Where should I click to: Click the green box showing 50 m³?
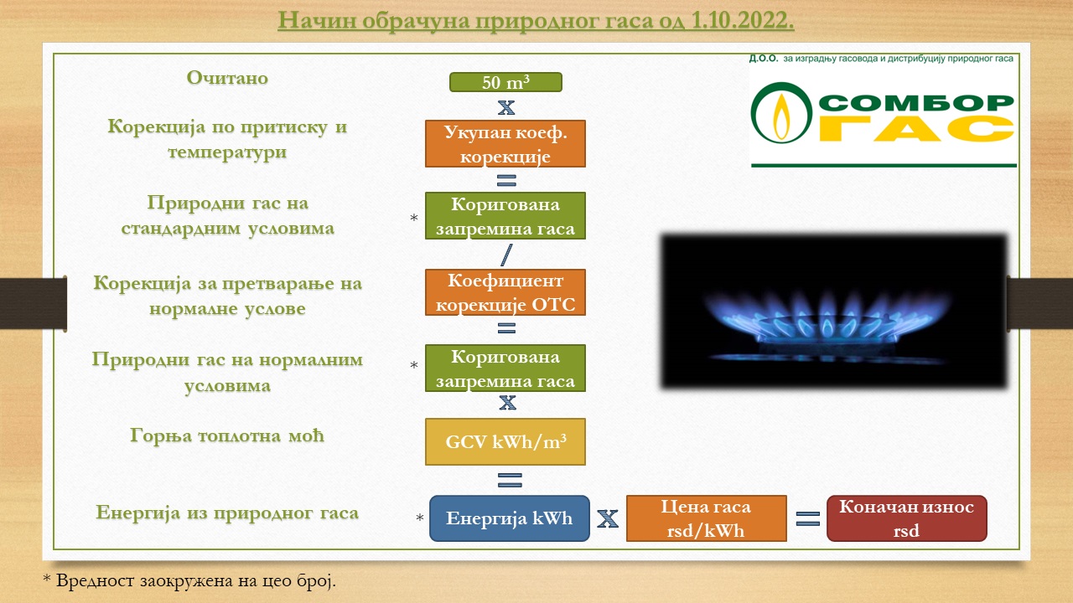tap(505, 82)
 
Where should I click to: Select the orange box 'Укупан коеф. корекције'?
tap(505, 143)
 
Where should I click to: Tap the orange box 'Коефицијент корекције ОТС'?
tap(505, 292)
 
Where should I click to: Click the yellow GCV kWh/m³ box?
tap(505, 441)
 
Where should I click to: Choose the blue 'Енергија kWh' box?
tap(509, 518)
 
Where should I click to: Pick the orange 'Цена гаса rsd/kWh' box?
tap(706, 518)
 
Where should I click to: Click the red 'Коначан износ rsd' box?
tap(906, 518)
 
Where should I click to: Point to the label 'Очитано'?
tap(227, 78)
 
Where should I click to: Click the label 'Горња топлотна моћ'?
tap(227, 436)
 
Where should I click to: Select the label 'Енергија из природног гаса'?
tap(227, 513)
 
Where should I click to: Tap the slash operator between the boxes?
tap(506, 255)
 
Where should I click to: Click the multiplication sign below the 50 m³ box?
tap(506, 107)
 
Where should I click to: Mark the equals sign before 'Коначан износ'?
tap(807, 518)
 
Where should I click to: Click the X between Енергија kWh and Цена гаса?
tap(608, 518)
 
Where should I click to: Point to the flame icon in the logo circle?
tap(782, 116)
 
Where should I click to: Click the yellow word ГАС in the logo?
tap(916, 129)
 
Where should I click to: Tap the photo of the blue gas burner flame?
tap(834, 312)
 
